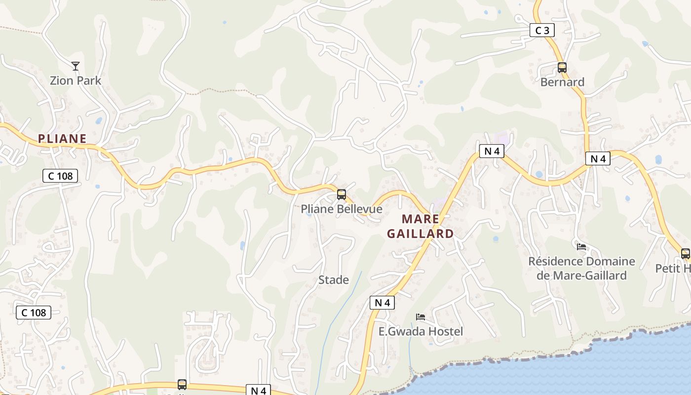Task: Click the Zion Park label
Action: click(x=76, y=80)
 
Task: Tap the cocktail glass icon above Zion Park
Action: click(x=76, y=66)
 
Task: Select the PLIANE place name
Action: click(x=62, y=139)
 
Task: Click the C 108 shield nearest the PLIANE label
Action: click(x=60, y=175)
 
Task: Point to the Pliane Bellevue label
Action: click(x=342, y=209)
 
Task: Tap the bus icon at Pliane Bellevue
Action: click(x=342, y=195)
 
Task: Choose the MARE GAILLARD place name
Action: click(x=420, y=226)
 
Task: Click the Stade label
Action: click(x=334, y=280)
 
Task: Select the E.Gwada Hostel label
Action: click(x=421, y=331)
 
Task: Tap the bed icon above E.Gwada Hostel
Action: click(x=421, y=316)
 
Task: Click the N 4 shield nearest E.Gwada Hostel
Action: click(x=383, y=303)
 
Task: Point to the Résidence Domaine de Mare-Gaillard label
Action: click(x=581, y=268)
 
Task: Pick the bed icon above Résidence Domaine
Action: click(x=581, y=246)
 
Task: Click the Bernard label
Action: click(x=562, y=82)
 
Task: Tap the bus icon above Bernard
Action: click(x=562, y=68)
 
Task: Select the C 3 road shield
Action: click(x=542, y=31)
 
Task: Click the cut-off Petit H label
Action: click(x=673, y=268)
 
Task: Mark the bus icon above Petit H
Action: click(x=686, y=254)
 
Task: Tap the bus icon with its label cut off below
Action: click(x=182, y=385)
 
